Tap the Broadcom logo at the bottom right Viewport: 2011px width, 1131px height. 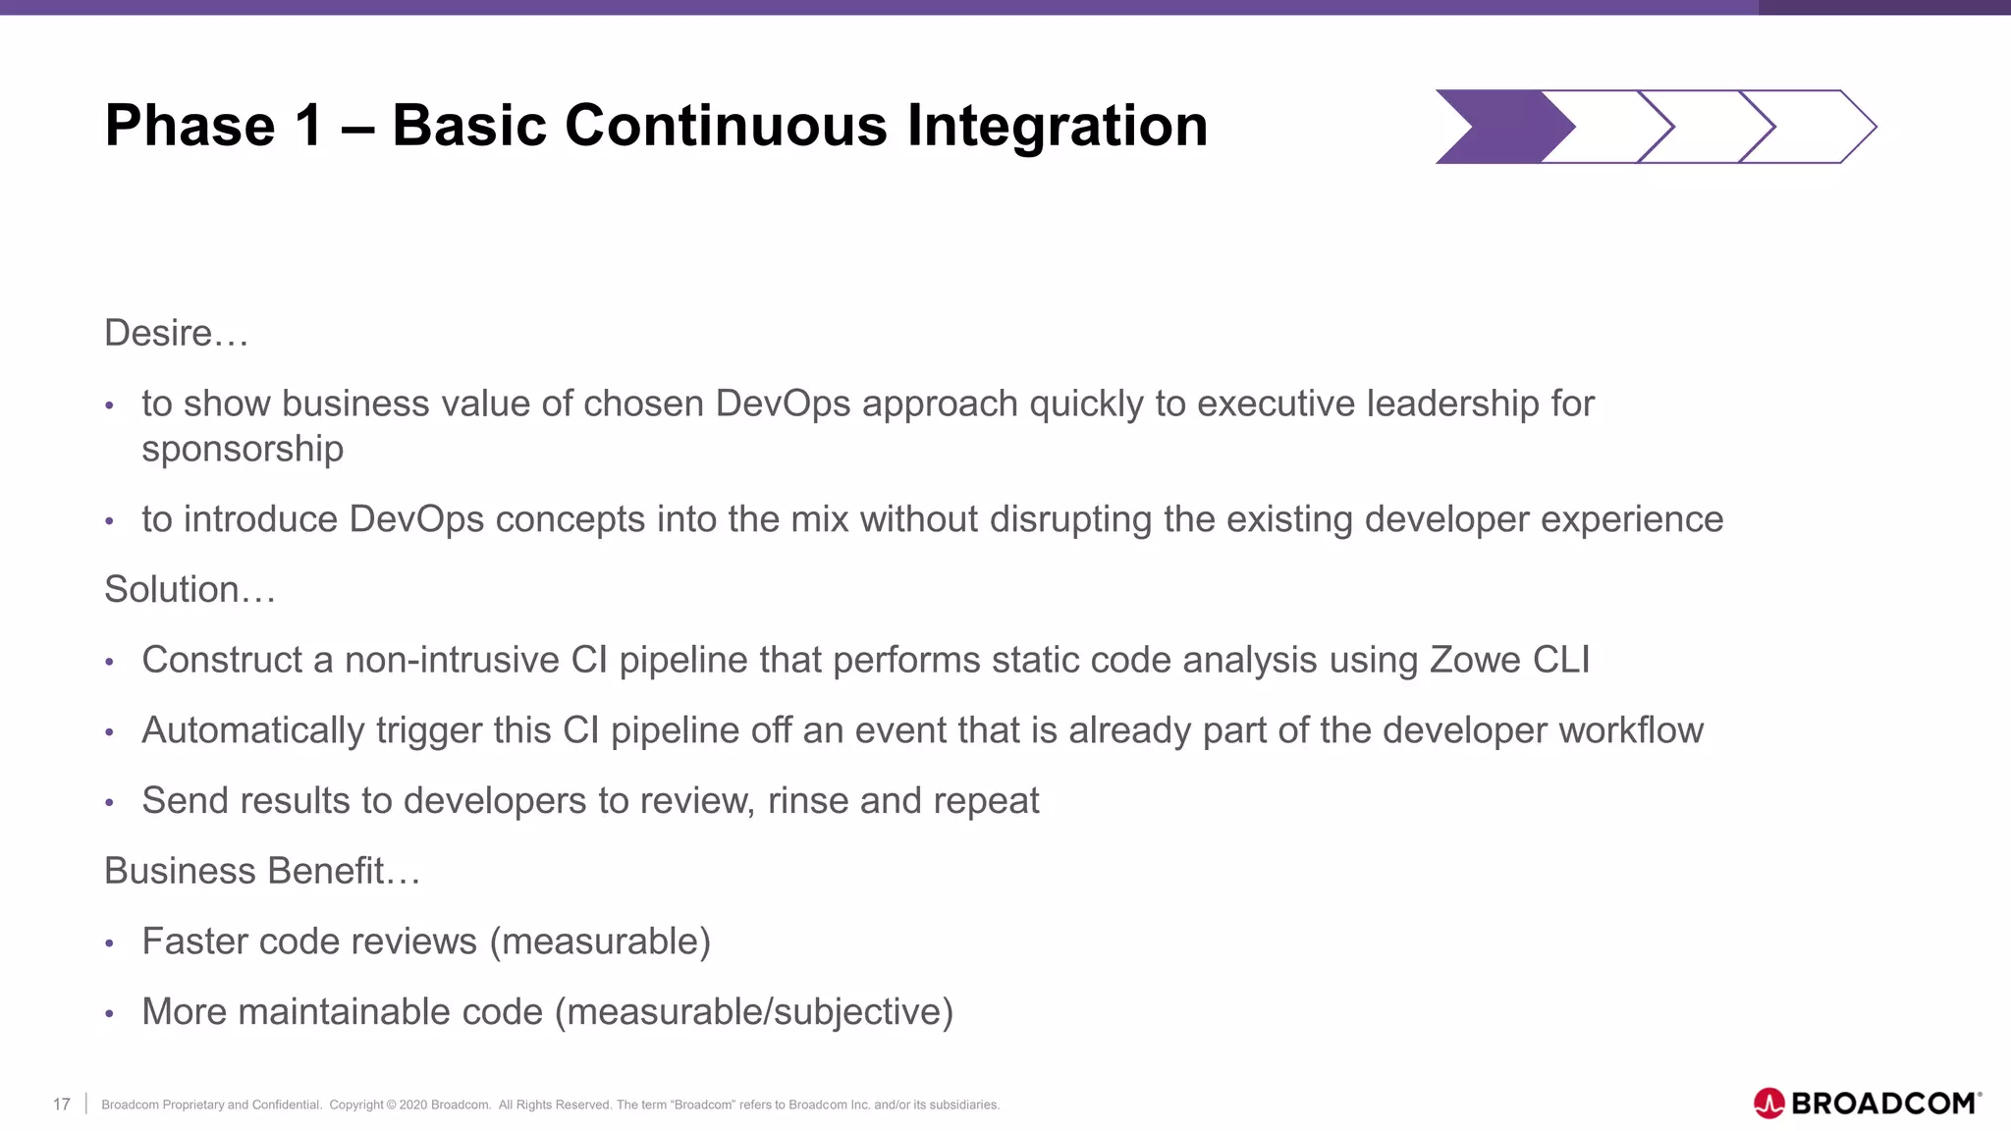point(1867,1104)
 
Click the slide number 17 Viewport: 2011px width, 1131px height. point(62,1104)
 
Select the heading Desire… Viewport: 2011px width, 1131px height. point(177,334)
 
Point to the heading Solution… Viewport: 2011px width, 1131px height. point(190,590)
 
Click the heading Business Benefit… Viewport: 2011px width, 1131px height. point(262,871)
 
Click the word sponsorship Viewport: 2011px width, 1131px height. point(243,450)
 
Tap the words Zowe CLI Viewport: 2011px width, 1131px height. point(1509,660)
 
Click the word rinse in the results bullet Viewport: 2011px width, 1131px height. point(807,801)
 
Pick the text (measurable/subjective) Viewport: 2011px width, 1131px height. point(754,1012)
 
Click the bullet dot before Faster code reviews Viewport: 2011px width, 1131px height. point(110,943)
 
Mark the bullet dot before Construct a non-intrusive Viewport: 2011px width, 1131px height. point(110,663)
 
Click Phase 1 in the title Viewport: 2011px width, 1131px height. point(213,126)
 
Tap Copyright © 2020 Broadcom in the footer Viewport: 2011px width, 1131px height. point(409,1104)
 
